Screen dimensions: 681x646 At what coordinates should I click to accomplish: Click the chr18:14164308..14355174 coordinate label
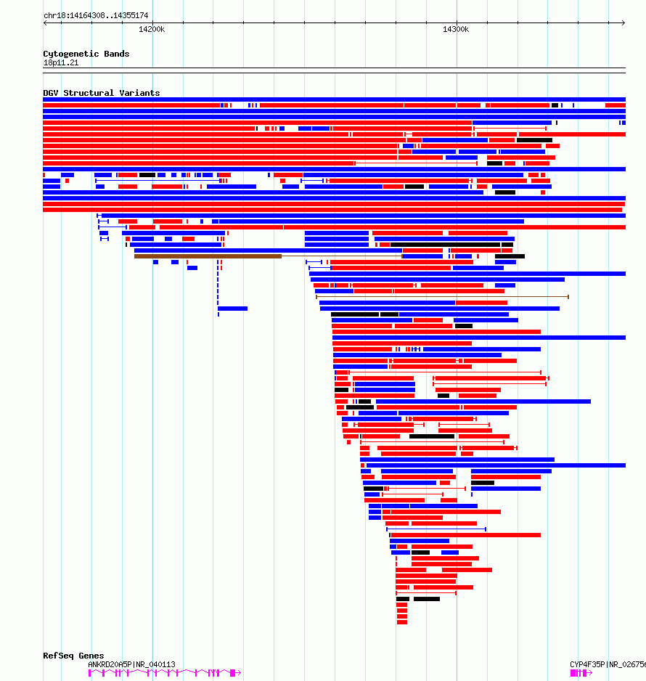[x=96, y=15]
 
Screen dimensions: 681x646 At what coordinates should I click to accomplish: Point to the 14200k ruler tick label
[x=152, y=29]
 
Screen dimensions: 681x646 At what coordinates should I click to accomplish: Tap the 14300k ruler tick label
[x=456, y=29]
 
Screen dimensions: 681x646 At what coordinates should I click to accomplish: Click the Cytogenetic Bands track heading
[x=86, y=54]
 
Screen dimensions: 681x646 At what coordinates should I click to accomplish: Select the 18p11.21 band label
[x=61, y=62]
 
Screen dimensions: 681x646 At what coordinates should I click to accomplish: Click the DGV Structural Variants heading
[x=101, y=93]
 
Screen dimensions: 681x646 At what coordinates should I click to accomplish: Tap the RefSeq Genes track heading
[x=73, y=656]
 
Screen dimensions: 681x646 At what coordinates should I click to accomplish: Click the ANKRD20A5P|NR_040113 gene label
[x=131, y=664]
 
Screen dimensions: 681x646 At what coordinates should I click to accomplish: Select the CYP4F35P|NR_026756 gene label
[x=607, y=664]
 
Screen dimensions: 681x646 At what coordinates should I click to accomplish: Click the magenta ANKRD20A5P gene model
[x=164, y=673]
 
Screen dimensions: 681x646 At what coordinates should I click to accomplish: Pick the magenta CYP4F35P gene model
[x=581, y=673]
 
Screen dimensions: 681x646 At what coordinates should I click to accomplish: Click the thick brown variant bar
[x=208, y=256]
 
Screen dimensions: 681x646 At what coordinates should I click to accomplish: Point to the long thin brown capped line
[x=442, y=296]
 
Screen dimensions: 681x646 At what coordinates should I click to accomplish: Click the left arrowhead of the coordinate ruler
[x=46, y=23]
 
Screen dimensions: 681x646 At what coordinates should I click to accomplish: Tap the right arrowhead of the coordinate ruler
[x=623, y=23]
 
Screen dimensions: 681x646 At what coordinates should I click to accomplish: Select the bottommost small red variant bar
[x=401, y=621]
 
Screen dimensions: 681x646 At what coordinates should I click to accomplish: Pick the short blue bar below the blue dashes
[x=232, y=309]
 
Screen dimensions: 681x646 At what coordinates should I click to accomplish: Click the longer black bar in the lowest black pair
[x=426, y=599]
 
